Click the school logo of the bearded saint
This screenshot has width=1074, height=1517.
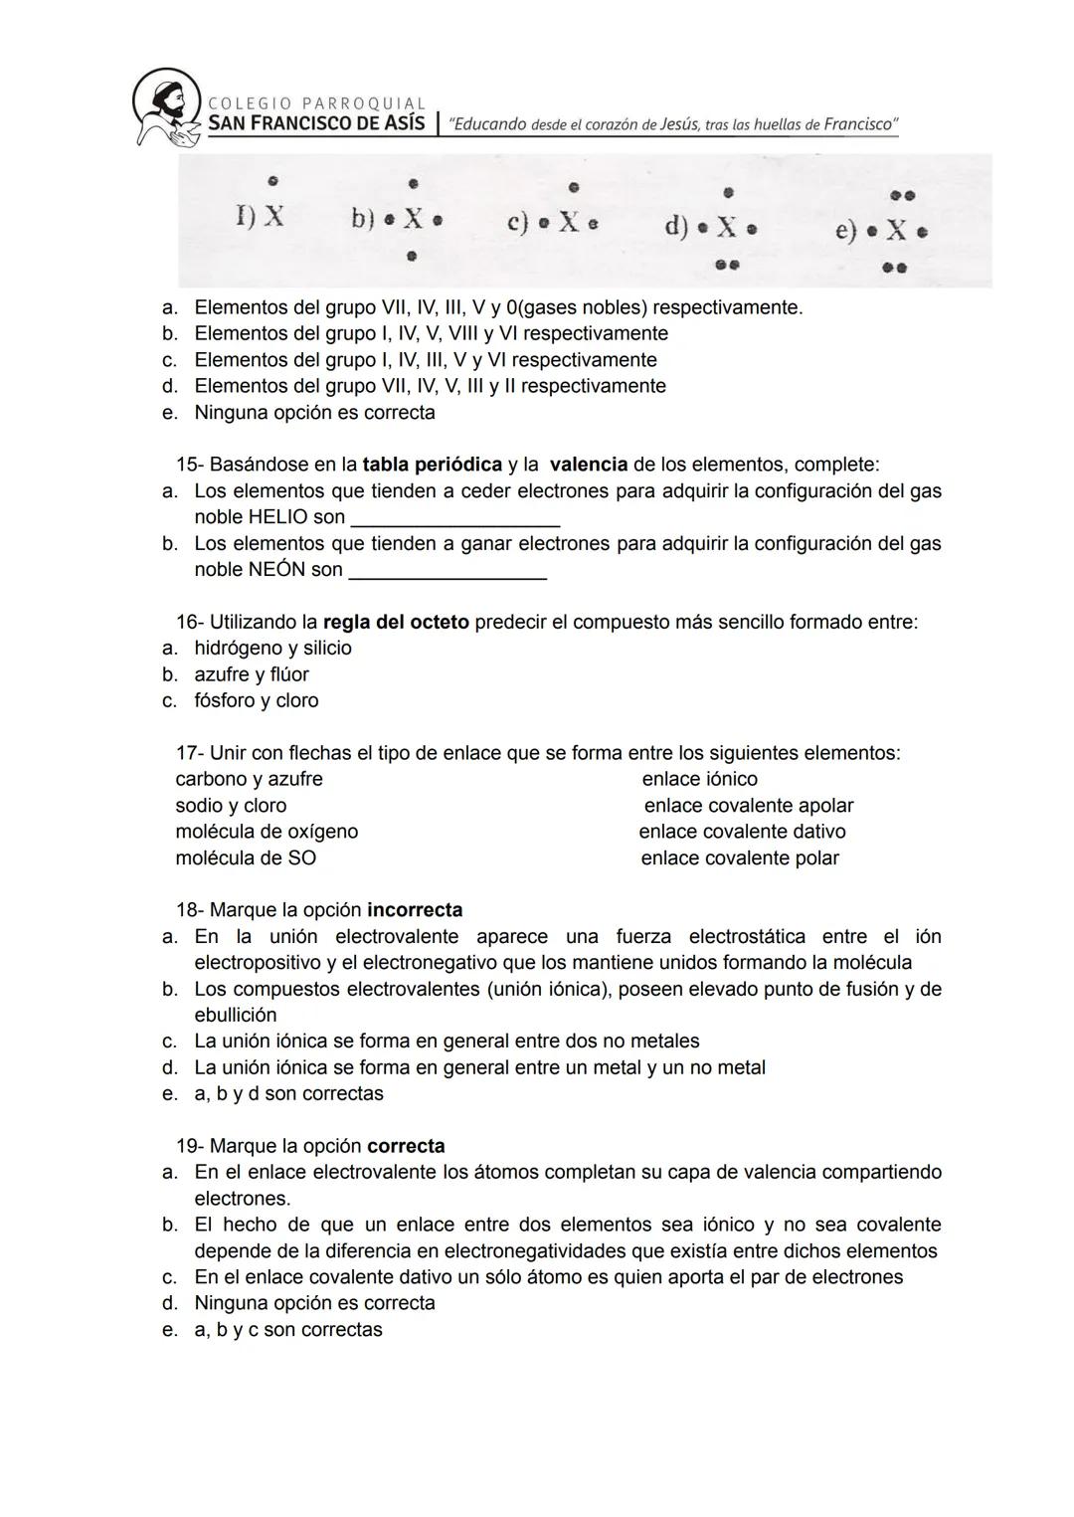pos(166,107)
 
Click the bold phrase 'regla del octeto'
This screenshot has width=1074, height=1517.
pos(396,623)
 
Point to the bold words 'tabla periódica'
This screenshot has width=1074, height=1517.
pos(432,465)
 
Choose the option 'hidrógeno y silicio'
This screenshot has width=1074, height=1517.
pos(272,649)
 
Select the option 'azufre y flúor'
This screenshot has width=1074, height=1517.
pos(252,674)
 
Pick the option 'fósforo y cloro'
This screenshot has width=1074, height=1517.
pos(257,701)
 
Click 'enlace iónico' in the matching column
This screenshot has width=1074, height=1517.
pos(699,780)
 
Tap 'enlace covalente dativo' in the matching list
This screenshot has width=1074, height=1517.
pos(742,832)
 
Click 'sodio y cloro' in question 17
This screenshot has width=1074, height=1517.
pos(231,806)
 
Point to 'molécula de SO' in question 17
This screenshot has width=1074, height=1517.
pos(246,858)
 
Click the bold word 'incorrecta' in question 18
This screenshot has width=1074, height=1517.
pos(415,910)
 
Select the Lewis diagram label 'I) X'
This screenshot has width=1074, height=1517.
pos(260,216)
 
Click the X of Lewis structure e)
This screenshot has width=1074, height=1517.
pos(896,231)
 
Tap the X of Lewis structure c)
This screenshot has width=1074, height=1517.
pos(569,222)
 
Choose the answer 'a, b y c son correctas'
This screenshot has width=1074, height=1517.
pos(287,1330)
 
